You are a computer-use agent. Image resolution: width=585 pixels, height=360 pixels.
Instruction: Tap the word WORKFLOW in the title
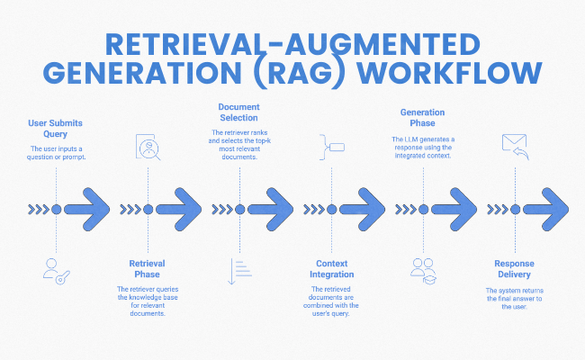click(x=460, y=72)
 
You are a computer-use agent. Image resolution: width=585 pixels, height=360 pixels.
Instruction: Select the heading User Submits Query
click(x=56, y=128)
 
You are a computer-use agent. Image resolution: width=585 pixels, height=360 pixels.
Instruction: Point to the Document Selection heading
click(x=239, y=112)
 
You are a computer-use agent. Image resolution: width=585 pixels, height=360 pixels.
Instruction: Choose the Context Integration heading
click(x=331, y=269)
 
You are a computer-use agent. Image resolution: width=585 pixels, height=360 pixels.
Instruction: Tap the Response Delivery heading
click(x=514, y=269)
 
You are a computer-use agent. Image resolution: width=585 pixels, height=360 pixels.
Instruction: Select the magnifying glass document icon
click(x=148, y=147)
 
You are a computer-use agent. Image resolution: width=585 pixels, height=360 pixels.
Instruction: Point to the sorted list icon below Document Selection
click(x=239, y=270)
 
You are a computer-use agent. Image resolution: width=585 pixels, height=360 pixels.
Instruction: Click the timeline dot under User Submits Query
click(x=56, y=209)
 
